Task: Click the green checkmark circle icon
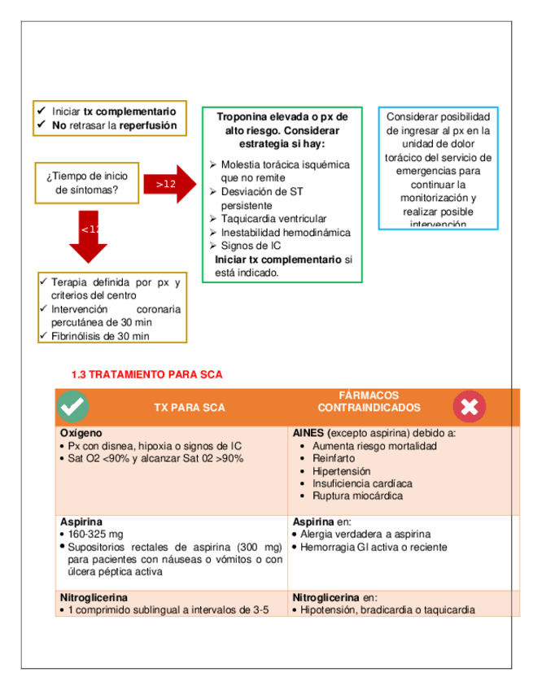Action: point(74,406)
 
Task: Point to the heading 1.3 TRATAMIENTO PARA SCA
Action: point(146,374)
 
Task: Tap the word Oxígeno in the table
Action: point(81,434)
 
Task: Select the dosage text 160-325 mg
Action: point(96,534)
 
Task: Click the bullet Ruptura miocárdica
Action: point(357,496)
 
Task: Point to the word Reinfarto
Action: point(334,458)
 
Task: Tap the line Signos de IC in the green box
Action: point(251,245)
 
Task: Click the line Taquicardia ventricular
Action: point(273,219)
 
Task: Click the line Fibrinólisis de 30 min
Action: point(100,335)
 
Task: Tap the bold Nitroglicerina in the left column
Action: point(94,597)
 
